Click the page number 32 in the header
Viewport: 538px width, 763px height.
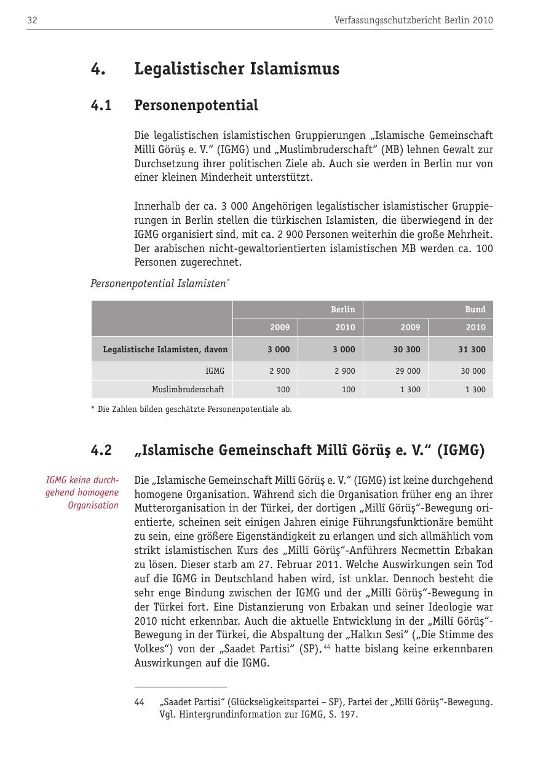point(32,20)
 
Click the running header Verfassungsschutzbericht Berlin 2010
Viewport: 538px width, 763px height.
point(413,20)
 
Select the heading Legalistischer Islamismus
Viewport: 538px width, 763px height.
point(237,69)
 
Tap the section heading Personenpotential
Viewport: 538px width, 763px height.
point(196,105)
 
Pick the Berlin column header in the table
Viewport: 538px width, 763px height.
point(342,309)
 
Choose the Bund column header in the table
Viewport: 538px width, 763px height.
point(475,309)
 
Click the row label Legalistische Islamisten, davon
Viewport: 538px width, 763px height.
point(165,349)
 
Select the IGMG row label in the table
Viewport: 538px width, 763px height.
point(215,371)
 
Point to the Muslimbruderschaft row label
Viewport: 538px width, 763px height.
point(188,389)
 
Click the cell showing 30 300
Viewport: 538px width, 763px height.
point(407,349)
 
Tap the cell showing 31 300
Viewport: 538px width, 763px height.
point(472,349)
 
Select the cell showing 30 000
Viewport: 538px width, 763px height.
point(473,371)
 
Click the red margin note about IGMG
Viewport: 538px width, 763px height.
point(82,492)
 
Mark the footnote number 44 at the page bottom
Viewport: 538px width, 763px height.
point(139,702)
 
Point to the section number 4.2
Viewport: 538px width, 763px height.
point(101,451)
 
